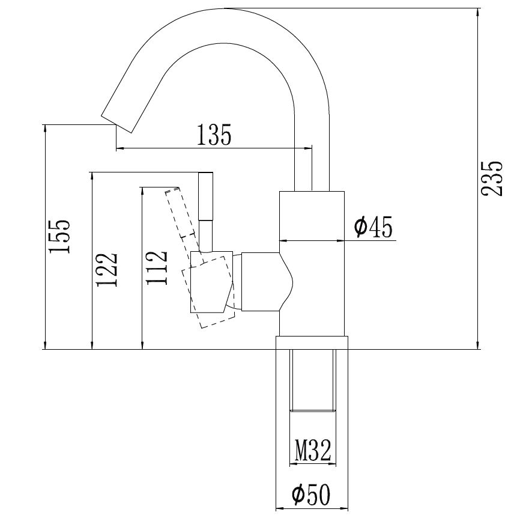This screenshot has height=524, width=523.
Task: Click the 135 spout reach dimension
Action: (214, 135)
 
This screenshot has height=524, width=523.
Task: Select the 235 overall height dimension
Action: (491, 179)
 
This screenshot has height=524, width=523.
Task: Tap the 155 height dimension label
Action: (59, 237)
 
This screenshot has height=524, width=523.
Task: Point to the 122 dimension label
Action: (107, 269)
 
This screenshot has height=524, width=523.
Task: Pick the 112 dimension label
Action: (156, 267)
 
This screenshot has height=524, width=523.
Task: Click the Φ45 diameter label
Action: (373, 227)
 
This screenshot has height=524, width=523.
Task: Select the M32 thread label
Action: (313, 450)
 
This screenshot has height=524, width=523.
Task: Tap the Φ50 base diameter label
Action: (311, 495)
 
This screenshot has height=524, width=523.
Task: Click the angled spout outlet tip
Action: (116, 124)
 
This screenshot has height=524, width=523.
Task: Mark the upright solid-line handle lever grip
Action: (206, 196)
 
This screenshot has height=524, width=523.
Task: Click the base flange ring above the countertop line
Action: (312, 343)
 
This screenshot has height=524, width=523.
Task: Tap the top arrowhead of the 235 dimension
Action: (478, 13)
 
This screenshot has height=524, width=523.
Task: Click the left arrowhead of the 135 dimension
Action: (121, 148)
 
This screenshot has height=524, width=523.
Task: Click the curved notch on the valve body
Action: (286, 281)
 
